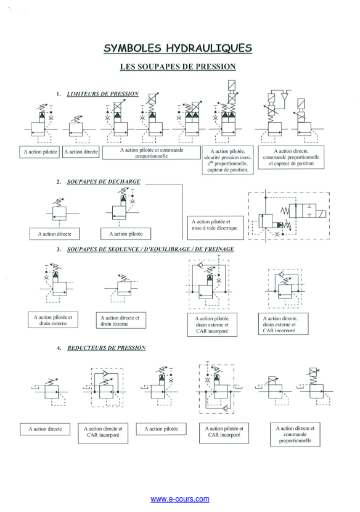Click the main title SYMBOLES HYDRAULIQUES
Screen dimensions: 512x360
(179, 48)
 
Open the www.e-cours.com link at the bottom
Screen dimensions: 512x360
(179, 498)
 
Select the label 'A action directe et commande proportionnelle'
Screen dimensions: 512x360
(295, 434)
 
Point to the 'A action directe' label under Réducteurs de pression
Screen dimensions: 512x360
(48, 428)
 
